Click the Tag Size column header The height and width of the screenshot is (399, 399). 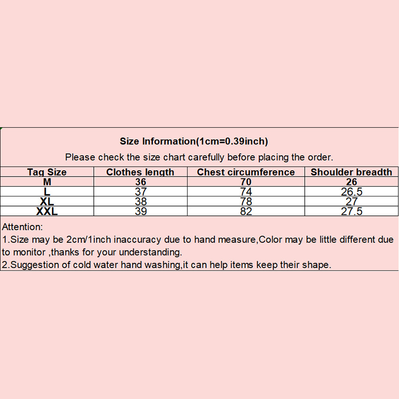pyautogui.click(x=47, y=172)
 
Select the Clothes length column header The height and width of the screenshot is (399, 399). pyautogui.click(x=140, y=172)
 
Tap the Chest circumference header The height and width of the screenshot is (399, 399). pyautogui.click(x=246, y=172)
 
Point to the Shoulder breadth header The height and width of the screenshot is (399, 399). pyautogui.click(x=352, y=172)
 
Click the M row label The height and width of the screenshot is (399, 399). pyautogui.click(x=47, y=182)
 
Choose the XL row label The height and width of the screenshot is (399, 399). pyautogui.click(x=47, y=201)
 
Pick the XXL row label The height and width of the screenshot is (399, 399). pyautogui.click(x=47, y=211)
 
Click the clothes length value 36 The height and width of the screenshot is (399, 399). pyautogui.click(x=141, y=182)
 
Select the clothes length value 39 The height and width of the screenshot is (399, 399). pyautogui.click(x=141, y=211)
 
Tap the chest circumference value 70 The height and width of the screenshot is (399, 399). pyautogui.click(x=246, y=182)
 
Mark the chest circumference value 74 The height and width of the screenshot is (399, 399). pyautogui.click(x=246, y=192)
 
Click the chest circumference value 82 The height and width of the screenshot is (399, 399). pyautogui.click(x=246, y=211)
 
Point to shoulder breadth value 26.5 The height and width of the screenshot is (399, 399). pyautogui.click(x=352, y=192)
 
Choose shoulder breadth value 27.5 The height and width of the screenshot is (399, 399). pyautogui.click(x=352, y=211)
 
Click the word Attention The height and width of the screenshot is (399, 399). pyautogui.click(x=22, y=227)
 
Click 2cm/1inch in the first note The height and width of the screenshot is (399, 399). pyautogui.click(x=89, y=239)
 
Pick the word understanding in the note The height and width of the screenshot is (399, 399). pyautogui.click(x=151, y=252)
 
